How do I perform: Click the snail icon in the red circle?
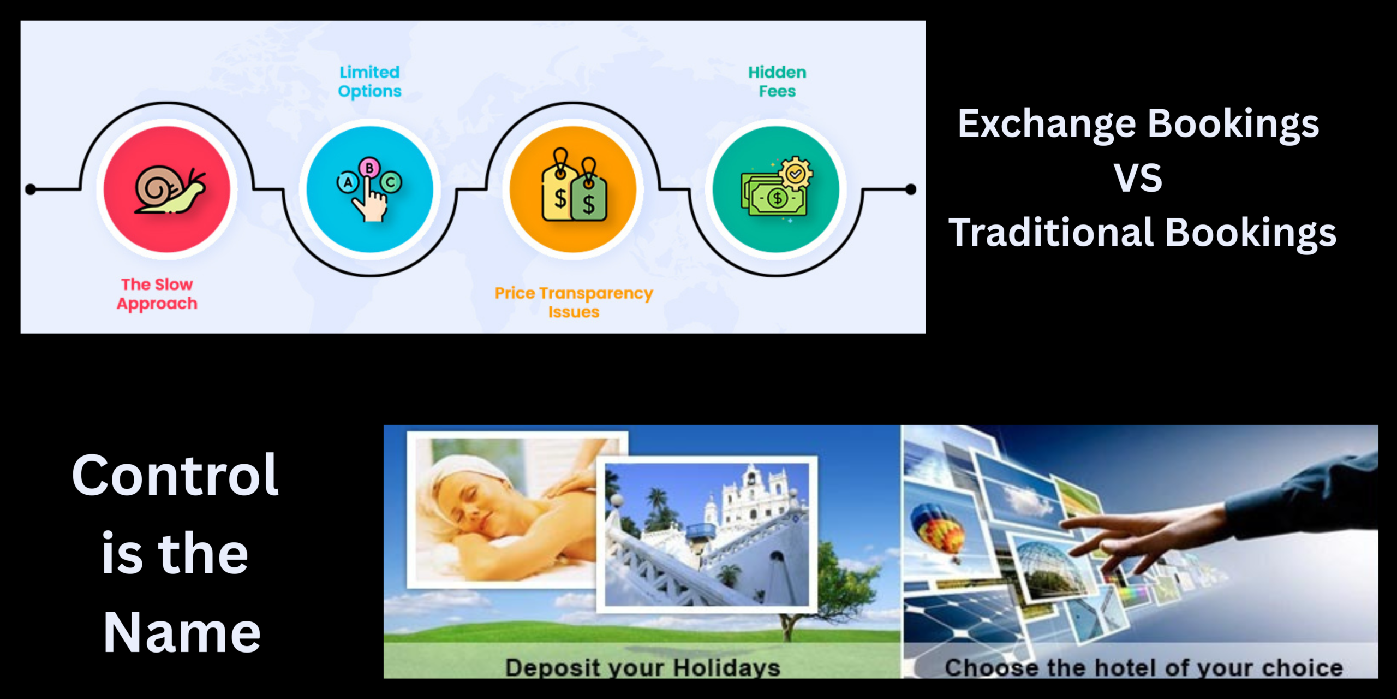tap(168, 189)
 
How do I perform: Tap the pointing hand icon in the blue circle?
tap(369, 189)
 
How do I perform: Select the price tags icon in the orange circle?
tap(574, 186)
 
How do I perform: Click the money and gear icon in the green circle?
tap(776, 189)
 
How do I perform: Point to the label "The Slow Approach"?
tap(157, 294)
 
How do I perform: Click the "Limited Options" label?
tap(369, 81)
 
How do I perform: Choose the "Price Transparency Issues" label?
tap(574, 302)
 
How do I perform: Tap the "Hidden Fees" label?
tap(777, 81)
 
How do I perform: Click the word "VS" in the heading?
tap(1138, 178)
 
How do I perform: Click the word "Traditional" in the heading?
tap(1050, 233)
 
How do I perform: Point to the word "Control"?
tap(175, 475)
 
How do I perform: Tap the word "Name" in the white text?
tap(182, 632)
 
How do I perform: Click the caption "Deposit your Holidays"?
tap(642, 667)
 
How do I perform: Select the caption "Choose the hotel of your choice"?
tap(1144, 667)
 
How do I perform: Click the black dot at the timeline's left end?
tap(31, 189)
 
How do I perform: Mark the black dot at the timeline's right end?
tap(910, 189)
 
